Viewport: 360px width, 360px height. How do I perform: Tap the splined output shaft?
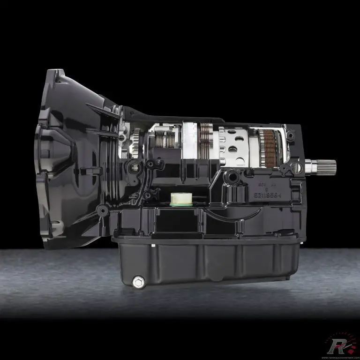323,165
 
